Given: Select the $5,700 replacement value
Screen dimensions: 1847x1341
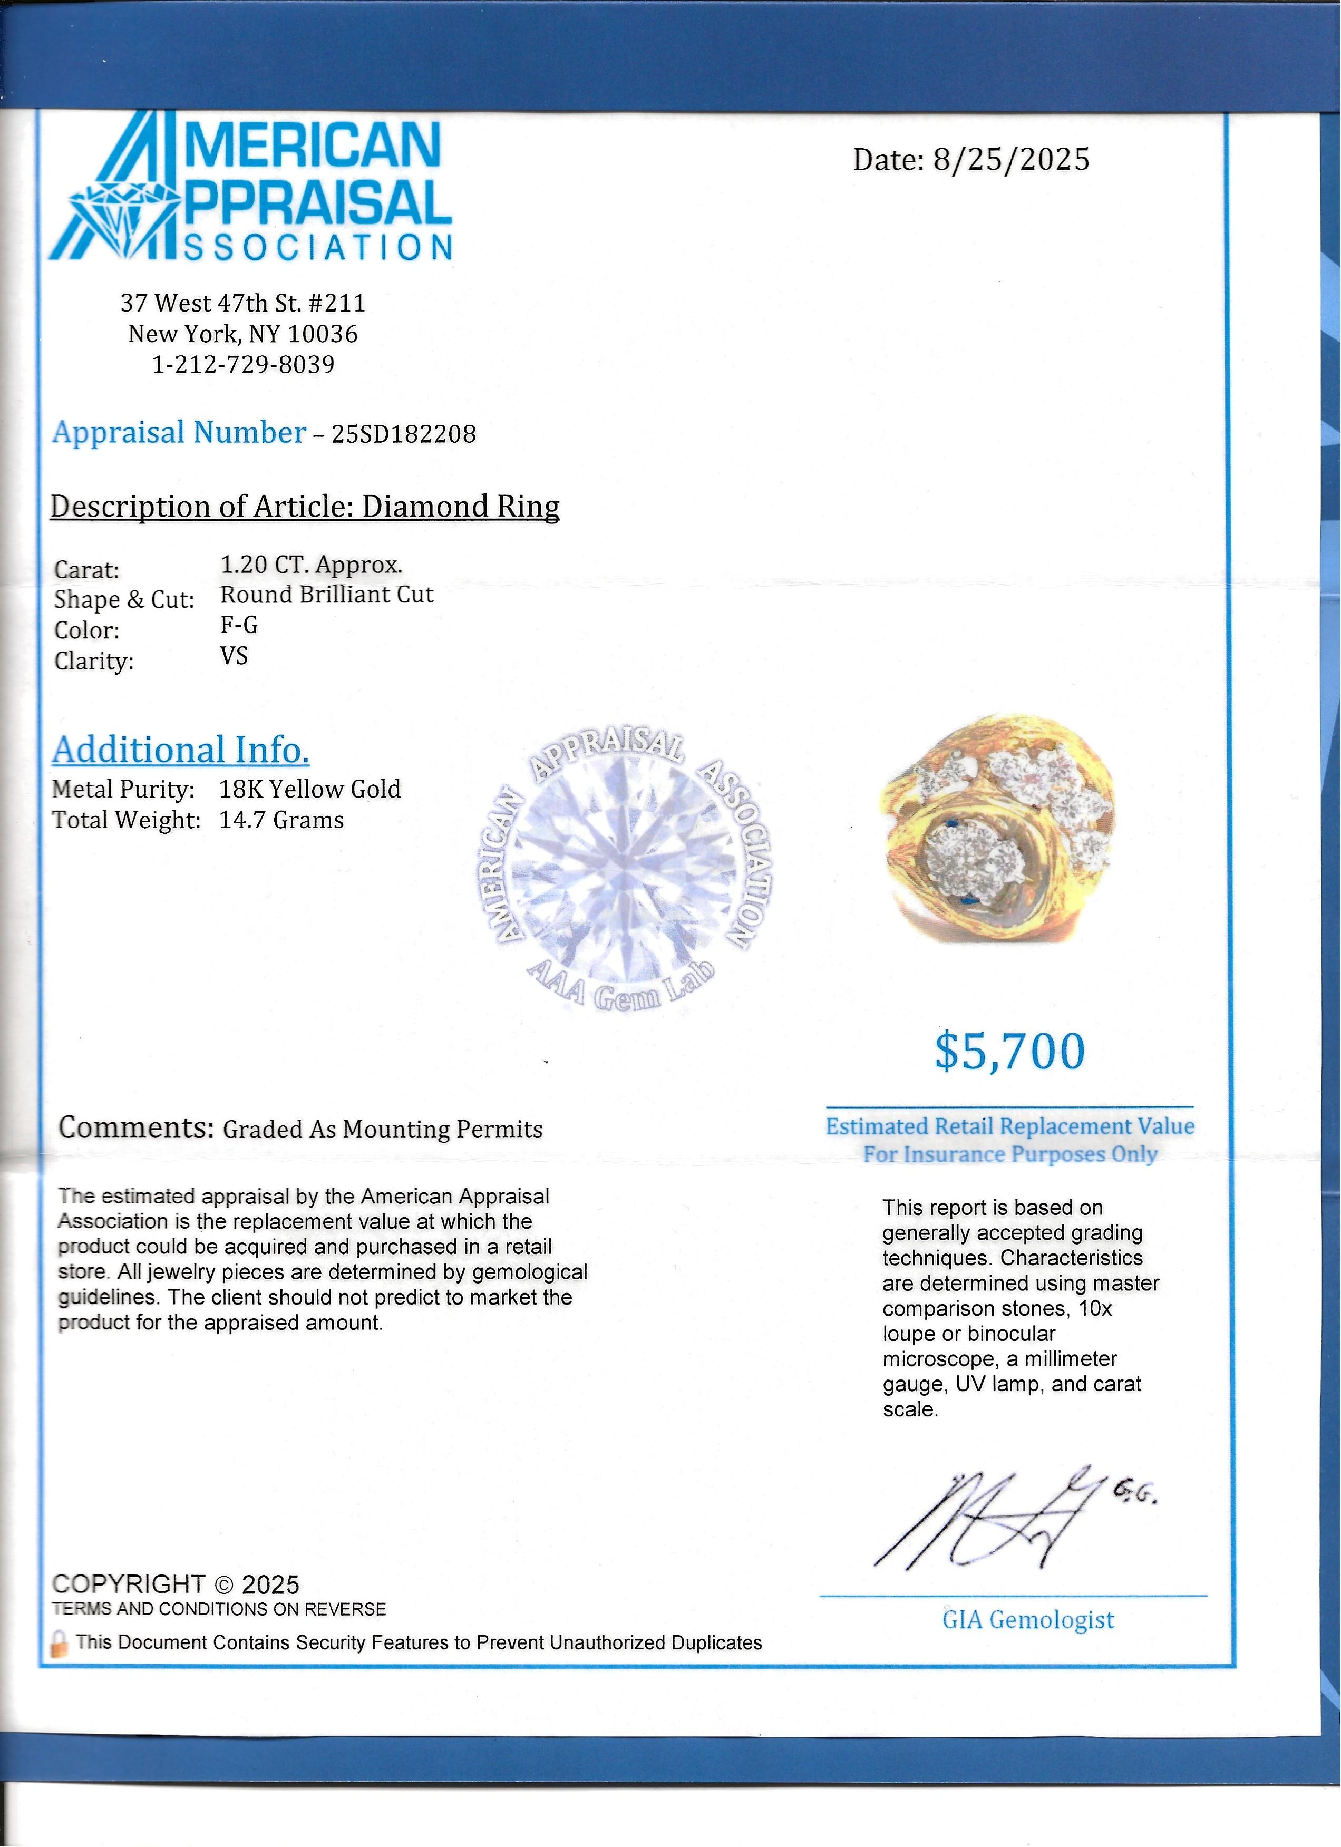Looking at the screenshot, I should tap(1009, 1052).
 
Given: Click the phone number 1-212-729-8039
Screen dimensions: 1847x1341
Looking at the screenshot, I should tap(244, 364).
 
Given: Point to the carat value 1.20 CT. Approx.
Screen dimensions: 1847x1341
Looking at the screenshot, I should tap(311, 565).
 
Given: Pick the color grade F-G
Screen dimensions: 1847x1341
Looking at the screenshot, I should tap(239, 625).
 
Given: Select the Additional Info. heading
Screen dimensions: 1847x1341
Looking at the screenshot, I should tap(181, 750).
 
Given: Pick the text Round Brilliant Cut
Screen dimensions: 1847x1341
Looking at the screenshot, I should tap(326, 595).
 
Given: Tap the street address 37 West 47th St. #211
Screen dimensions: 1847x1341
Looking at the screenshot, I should tap(242, 303).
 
